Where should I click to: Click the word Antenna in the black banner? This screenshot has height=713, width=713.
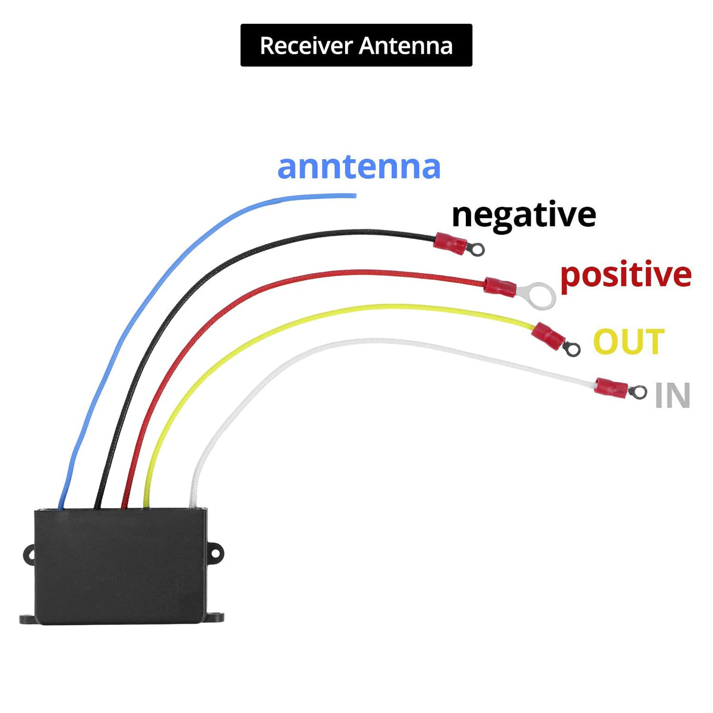[406, 46]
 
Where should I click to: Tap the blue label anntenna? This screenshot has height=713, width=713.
[358, 167]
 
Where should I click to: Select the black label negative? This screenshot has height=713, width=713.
[523, 215]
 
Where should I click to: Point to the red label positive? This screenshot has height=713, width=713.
[626, 276]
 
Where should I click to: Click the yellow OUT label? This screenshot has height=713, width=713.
[629, 341]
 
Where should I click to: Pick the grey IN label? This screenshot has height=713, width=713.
[672, 395]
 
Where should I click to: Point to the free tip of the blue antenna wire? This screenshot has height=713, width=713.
[355, 195]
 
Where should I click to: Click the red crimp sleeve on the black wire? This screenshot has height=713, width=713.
[450, 243]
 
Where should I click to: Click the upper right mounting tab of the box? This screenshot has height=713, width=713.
[214, 553]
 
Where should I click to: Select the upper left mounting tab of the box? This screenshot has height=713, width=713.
[29, 554]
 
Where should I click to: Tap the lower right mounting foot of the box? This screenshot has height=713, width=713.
[214, 617]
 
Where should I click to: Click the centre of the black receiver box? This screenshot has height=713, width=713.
[120, 566]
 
